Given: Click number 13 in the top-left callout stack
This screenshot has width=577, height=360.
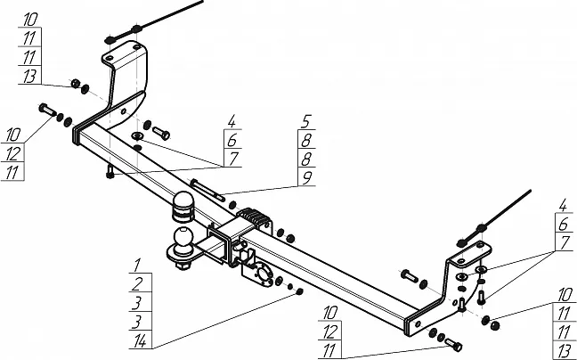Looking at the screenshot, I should coord(28,78).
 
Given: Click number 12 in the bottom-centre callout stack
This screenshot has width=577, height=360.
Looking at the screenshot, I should coord(331,331).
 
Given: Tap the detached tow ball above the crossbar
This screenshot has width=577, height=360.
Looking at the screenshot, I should coord(183,204).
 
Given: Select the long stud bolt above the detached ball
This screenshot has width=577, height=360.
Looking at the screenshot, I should coord(204,189).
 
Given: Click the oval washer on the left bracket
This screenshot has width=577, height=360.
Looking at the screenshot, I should coord(137,136).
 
